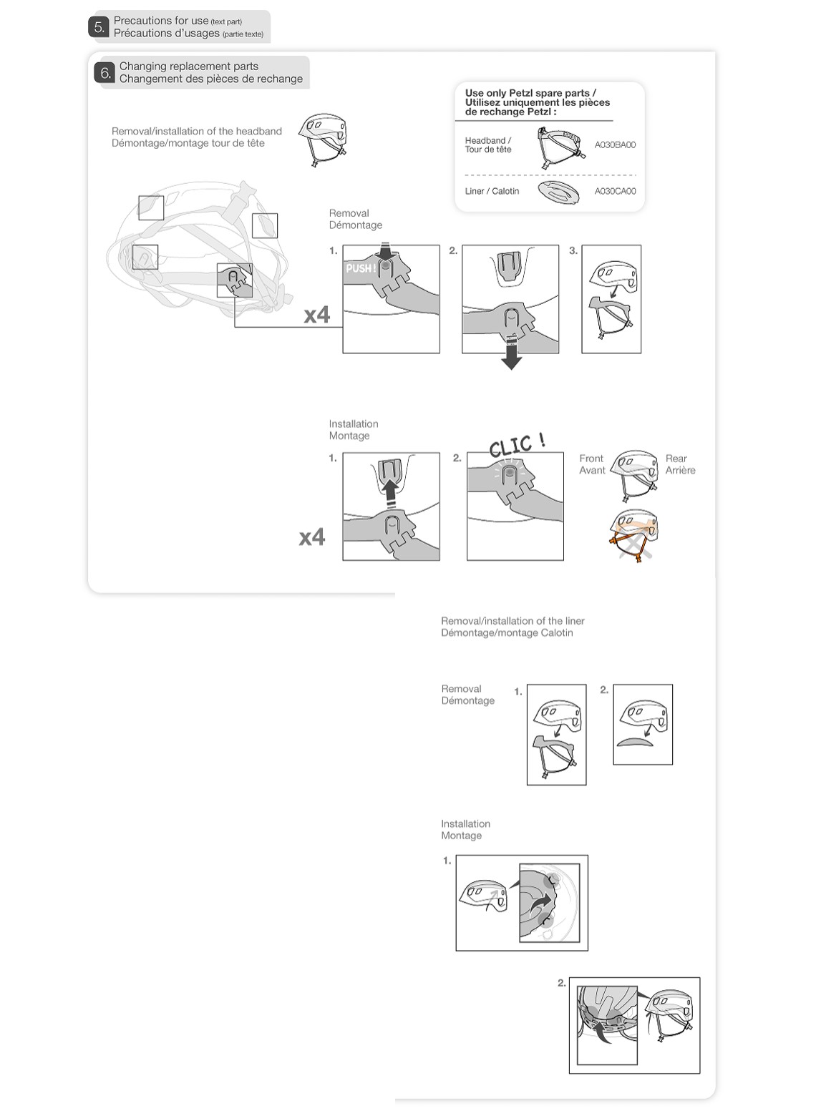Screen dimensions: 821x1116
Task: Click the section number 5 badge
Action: click(99, 27)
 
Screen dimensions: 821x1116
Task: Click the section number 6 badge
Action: click(105, 73)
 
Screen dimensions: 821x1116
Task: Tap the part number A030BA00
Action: click(615, 145)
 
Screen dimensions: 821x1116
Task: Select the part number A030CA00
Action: click(615, 191)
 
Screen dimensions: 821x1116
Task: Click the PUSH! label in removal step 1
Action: click(361, 268)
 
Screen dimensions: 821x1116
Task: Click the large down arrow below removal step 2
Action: click(511, 353)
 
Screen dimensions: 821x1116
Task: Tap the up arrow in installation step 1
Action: click(391, 493)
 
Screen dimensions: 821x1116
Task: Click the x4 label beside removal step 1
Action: click(317, 315)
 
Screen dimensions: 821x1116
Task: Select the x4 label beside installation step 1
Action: click(312, 537)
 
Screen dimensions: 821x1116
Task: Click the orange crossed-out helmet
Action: click(633, 535)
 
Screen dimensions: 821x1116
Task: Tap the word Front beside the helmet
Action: click(591, 459)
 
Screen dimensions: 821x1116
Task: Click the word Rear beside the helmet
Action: click(676, 459)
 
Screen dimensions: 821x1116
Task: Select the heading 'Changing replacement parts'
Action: click(189, 67)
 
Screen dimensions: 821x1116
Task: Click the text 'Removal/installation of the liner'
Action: click(512, 621)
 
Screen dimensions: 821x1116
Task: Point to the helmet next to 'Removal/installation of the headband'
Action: click(323, 140)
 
